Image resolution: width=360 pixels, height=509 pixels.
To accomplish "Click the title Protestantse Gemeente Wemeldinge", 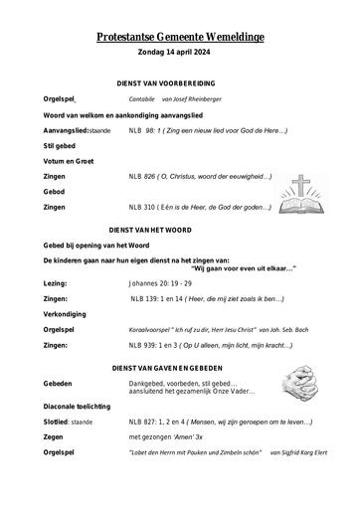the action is click(179, 37).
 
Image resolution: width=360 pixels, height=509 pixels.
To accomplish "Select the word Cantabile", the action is click(145, 100).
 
